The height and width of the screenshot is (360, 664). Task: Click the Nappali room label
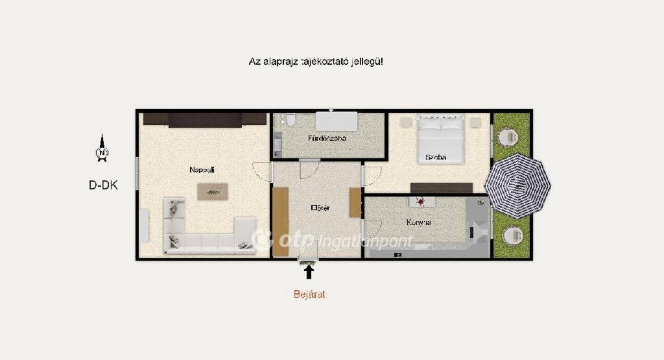coord(202,170)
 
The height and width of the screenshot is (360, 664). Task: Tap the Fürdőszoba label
coord(327,138)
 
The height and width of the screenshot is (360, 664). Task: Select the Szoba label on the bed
coord(436,157)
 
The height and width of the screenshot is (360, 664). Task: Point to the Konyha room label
coord(419,222)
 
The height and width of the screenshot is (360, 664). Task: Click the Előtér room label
coord(320,208)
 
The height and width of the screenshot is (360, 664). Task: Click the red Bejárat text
coord(309,294)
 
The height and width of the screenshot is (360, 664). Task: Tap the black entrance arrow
coord(309,272)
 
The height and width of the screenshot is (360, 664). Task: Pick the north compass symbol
coord(102,149)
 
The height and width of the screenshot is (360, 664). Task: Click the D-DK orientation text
coord(103,185)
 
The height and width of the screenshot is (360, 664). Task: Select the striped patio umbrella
coord(517,186)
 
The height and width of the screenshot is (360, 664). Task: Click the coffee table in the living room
coord(213,192)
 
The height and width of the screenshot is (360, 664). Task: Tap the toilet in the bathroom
coord(290,120)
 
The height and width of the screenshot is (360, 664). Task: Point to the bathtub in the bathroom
coord(337,121)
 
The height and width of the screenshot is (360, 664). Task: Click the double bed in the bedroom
coord(440,139)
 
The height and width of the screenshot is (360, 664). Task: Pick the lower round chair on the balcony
coord(513,235)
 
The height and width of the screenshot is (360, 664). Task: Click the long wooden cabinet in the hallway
coord(280,221)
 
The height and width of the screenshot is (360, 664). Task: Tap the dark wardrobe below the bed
coord(441,188)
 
